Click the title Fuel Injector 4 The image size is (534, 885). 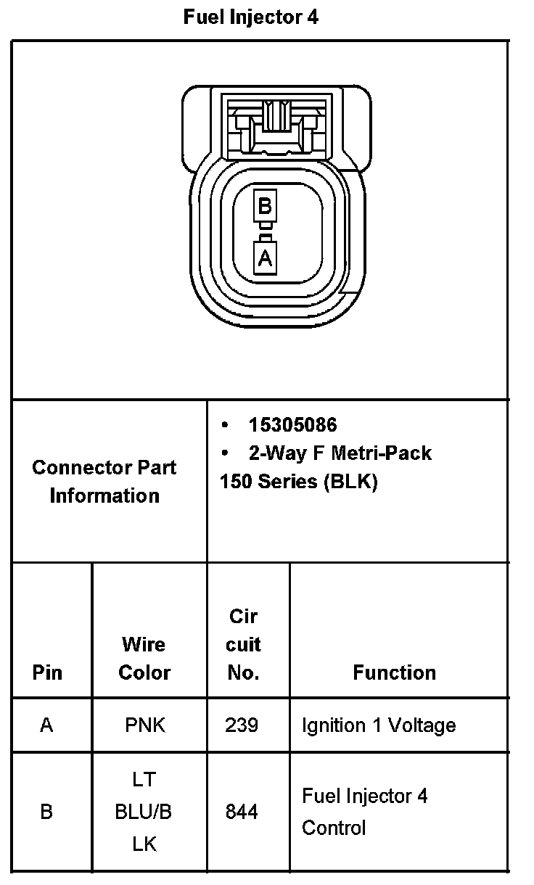click(x=251, y=17)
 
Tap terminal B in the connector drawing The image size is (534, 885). click(x=265, y=207)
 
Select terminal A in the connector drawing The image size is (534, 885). click(x=265, y=257)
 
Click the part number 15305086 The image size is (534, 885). click(x=292, y=425)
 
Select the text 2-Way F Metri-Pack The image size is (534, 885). click(x=340, y=453)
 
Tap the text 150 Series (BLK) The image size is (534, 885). click(x=298, y=482)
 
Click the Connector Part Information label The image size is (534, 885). click(x=104, y=482)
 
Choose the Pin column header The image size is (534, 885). click(x=46, y=672)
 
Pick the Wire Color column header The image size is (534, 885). click(x=144, y=659)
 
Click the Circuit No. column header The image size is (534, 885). click(x=243, y=644)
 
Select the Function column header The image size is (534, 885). click(x=394, y=672)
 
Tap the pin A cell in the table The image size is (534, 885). click(x=46, y=725)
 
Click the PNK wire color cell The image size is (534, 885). click(x=144, y=725)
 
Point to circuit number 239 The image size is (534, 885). click(x=242, y=725)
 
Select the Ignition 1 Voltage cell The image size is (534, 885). click(x=379, y=725)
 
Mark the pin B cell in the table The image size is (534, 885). click(x=46, y=812)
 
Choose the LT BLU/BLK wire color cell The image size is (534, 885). click(x=144, y=812)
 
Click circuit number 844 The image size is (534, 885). click(x=242, y=812)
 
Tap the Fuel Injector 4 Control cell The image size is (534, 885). click(x=365, y=812)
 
